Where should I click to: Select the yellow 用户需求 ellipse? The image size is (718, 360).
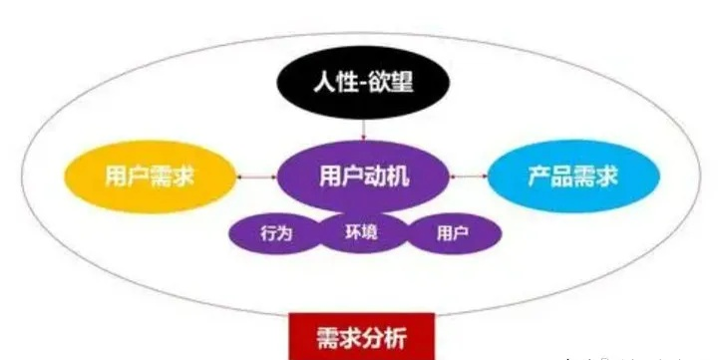click(149, 178)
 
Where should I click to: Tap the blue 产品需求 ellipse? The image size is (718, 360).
click(572, 177)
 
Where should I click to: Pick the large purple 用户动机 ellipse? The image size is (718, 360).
click(364, 176)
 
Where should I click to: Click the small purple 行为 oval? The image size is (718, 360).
click(275, 233)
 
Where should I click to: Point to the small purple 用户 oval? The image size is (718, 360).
click(453, 233)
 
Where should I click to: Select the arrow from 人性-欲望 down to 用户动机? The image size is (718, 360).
click(363, 129)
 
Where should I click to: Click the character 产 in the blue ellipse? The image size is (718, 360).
click(539, 177)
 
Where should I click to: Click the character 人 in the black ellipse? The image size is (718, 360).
click(322, 81)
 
